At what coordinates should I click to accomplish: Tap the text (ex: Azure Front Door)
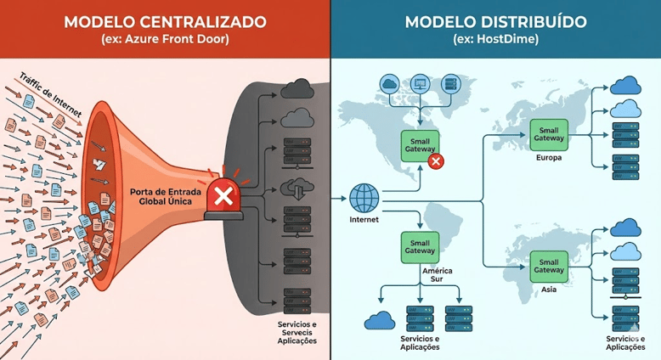tap(165, 41)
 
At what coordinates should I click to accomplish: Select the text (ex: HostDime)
tap(495, 41)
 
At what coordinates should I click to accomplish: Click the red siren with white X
tap(224, 199)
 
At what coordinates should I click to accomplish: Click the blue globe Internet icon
tap(363, 199)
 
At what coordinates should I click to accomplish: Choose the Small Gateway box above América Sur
tap(419, 246)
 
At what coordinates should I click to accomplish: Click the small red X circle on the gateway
tap(436, 161)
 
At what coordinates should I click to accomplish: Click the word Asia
tap(549, 290)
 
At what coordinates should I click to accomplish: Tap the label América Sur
tap(436, 274)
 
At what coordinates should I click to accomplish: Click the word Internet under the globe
tap(363, 221)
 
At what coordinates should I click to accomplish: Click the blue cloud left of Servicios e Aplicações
tap(379, 320)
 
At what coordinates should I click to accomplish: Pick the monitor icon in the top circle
tap(419, 84)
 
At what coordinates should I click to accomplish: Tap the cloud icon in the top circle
tap(389, 84)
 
